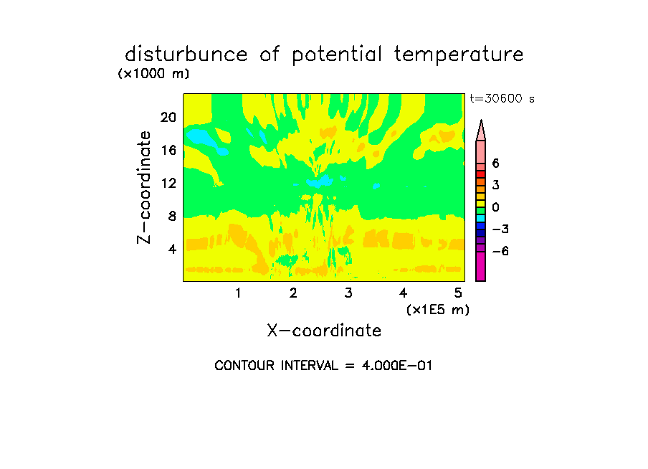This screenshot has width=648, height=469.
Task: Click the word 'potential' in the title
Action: click(x=336, y=55)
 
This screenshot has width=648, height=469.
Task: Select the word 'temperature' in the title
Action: click(x=458, y=55)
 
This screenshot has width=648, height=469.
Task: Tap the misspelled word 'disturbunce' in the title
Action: click(x=186, y=54)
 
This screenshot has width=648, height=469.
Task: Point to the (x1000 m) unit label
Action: click(x=153, y=74)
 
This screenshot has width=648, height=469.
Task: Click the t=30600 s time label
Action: click(x=502, y=98)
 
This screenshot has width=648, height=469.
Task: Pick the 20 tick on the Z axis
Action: click(x=168, y=118)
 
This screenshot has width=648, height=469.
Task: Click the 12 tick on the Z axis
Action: click(x=168, y=183)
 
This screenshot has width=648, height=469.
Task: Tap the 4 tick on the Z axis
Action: click(x=172, y=249)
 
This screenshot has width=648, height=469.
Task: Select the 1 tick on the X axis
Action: click(x=238, y=293)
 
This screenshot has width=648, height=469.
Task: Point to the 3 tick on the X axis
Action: click(x=348, y=293)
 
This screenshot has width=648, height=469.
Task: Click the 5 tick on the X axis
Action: click(x=458, y=293)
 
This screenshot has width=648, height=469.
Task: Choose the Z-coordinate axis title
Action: click(x=144, y=187)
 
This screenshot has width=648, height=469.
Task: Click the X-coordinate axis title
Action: click(x=324, y=331)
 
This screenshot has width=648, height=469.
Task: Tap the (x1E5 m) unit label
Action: click(x=438, y=310)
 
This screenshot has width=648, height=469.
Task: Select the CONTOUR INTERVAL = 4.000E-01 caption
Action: click(x=323, y=366)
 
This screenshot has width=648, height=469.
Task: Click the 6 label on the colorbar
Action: click(x=495, y=164)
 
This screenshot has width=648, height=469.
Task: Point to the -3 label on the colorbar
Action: click(x=500, y=229)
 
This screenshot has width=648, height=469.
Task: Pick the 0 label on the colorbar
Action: click(x=495, y=207)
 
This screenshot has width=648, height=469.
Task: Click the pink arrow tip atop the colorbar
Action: click(x=481, y=120)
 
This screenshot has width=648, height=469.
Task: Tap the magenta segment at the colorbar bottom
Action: click(x=481, y=266)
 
